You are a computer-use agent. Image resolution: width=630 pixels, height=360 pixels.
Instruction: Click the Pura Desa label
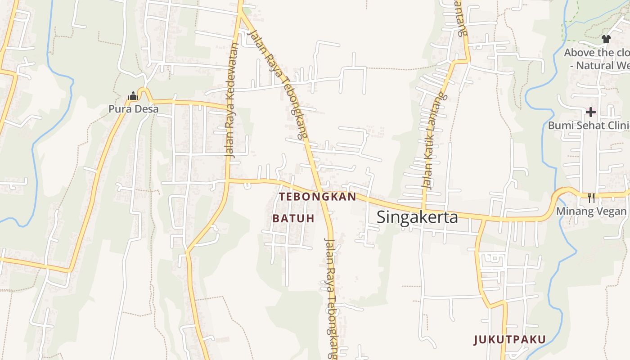[133, 109]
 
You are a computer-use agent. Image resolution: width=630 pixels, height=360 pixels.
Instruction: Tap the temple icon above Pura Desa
[133, 96]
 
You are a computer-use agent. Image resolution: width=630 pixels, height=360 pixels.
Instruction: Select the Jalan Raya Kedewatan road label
[232, 100]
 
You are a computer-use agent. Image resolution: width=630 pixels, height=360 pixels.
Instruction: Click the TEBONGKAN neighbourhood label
[318, 197]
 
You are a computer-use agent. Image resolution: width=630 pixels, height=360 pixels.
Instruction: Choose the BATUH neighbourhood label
[293, 219]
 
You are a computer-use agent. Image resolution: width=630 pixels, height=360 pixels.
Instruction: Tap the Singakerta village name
[417, 217]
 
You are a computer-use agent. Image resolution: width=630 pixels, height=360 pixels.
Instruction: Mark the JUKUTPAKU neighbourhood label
[509, 340]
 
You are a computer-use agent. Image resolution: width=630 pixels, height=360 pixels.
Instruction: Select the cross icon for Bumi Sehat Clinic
[591, 112]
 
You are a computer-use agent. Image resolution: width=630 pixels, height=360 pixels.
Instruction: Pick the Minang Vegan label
[591, 211]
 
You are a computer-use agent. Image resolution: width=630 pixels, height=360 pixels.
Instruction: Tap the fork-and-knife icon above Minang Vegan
[591, 198]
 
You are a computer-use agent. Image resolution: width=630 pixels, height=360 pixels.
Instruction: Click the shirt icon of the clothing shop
[606, 39]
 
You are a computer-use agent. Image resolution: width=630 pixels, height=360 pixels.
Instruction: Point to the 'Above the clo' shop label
[597, 53]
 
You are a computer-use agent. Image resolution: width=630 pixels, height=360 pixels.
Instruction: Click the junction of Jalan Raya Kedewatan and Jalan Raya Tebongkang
[240, 13]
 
